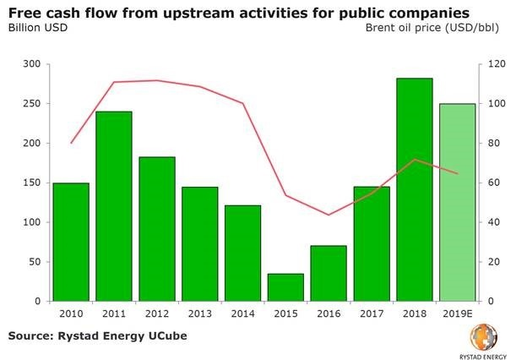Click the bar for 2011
click(114, 206)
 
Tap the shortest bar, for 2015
click(285, 287)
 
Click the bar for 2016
click(329, 273)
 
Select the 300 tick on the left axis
click(31, 64)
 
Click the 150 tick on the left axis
click(31, 183)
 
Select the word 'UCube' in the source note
click(163, 336)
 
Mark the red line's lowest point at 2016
click(329, 215)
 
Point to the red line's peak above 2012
click(157, 80)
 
